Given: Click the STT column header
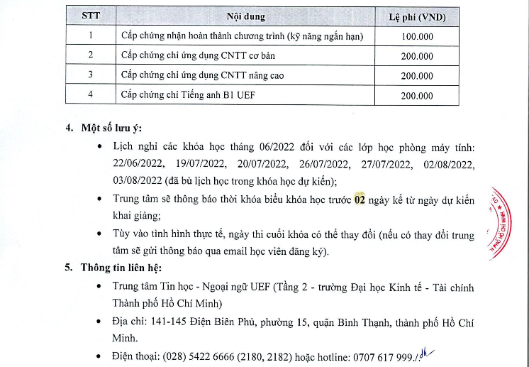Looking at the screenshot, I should pyautogui.click(x=90, y=16).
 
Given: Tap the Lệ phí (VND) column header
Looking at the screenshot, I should pyautogui.click(x=417, y=16).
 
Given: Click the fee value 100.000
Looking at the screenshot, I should pyautogui.click(x=417, y=35).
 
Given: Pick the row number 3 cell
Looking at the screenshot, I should pyautogui.click(x=90, y=75).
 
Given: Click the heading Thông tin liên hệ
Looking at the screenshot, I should pyautogui.click(x=118, y=268).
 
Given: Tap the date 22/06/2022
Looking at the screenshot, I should pyautogui.click(x=137, y=164).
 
